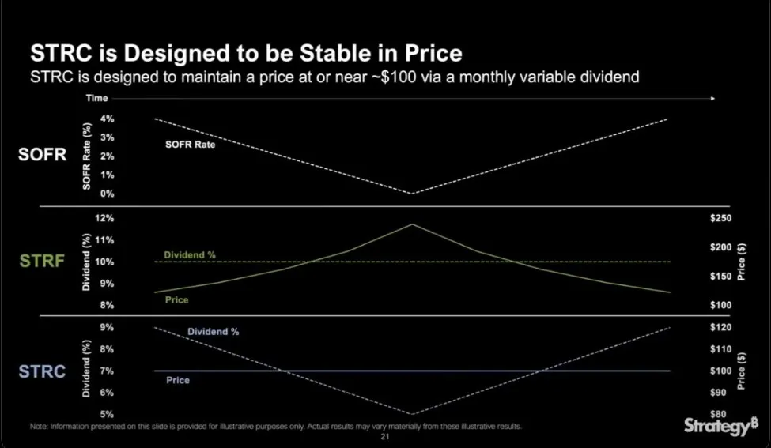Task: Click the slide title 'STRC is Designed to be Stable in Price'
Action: (245, 55)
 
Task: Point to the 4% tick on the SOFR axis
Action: (107, 119)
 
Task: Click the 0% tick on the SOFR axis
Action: (107, 194)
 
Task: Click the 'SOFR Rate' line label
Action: (190, 145)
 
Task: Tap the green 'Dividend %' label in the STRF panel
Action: (190, 255)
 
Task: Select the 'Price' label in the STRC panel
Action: (178, 380)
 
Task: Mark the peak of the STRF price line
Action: (411, 224)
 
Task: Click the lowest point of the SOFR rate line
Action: (411, 194)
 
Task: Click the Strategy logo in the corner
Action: (715, 427)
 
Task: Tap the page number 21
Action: (386, 436)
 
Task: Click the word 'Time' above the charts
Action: (97, 99)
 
